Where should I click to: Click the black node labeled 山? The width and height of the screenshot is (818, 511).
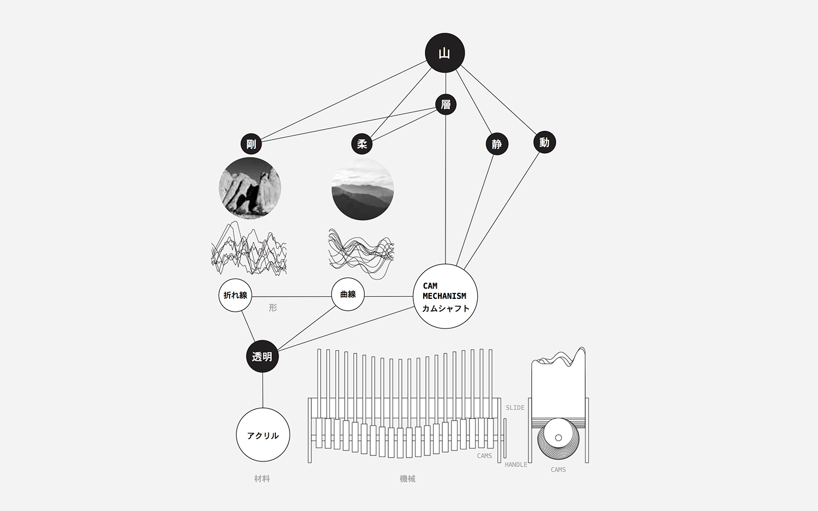click(445, 53)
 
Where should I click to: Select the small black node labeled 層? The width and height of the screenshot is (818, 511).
click(446, 104)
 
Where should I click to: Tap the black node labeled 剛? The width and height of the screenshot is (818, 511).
click(251, 144)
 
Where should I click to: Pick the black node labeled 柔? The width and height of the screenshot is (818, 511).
click(362, 144)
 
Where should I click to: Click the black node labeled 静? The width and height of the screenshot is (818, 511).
click(497, 144)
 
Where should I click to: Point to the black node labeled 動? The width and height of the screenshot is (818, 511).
click(544, 142)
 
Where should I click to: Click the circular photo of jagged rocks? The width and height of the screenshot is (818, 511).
click(250, 188)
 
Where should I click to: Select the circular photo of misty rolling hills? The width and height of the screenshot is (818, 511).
click(363, 189)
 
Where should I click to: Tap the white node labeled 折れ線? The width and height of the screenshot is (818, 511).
click(235, 295)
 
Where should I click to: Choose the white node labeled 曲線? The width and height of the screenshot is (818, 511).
click(348, 294)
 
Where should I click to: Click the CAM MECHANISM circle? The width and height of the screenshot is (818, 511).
click(445, 296)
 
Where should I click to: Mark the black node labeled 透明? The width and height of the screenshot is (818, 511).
click(262, 357)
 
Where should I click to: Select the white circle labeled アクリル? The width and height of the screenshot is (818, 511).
click(263, 435)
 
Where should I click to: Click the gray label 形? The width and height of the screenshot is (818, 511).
click(273, 308)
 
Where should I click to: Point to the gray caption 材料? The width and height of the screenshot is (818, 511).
click(262, 478)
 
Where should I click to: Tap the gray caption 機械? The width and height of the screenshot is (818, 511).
click(407, 478)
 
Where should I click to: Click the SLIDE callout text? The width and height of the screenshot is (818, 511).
click(515, 407)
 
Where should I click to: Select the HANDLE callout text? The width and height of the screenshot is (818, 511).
click(516, 465)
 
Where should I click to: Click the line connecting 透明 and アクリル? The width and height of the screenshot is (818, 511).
click(263, 390)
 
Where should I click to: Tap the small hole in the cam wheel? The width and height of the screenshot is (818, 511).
click(558, 437)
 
